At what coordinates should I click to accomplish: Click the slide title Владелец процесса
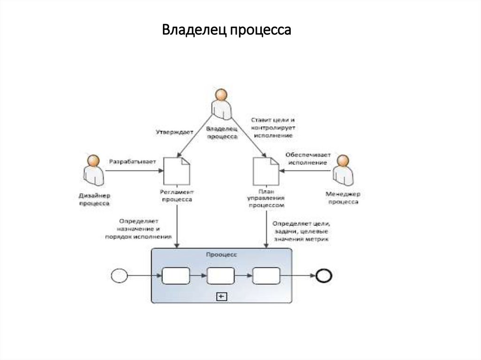(227, 31)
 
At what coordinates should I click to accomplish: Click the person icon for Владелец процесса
(221, 104)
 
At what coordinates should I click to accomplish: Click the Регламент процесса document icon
(177, 171)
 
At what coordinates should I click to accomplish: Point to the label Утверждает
(174, 132)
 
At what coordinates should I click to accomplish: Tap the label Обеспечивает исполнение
(308, 158)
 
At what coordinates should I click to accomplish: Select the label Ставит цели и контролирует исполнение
(272, 127)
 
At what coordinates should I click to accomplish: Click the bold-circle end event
(324, 276)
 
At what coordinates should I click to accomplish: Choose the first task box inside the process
(176, 276)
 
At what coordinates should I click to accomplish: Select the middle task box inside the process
(221, 276)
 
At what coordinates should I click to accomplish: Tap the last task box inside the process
(266, 276)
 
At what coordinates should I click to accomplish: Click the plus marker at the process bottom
(221, 296)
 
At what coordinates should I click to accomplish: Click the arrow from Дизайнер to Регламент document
(134, 171)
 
